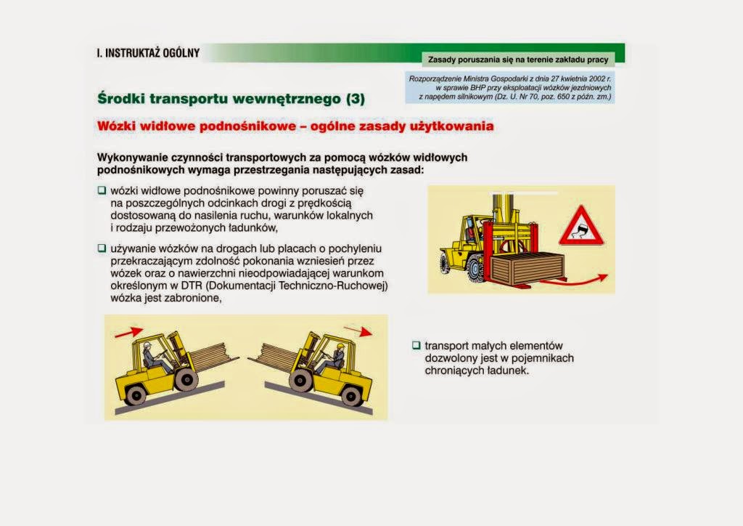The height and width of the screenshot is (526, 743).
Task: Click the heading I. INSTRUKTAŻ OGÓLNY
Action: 148,53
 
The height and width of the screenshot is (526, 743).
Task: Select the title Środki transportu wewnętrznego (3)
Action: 231,97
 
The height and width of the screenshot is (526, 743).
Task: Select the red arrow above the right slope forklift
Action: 357,331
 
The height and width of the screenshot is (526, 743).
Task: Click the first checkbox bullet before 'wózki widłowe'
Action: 102,190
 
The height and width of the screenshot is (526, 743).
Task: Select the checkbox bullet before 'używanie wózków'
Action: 102,248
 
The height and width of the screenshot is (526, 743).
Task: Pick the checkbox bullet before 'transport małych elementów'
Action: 416,346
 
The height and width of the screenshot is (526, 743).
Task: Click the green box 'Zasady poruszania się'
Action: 517,59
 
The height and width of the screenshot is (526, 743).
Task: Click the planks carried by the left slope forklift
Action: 213,357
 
